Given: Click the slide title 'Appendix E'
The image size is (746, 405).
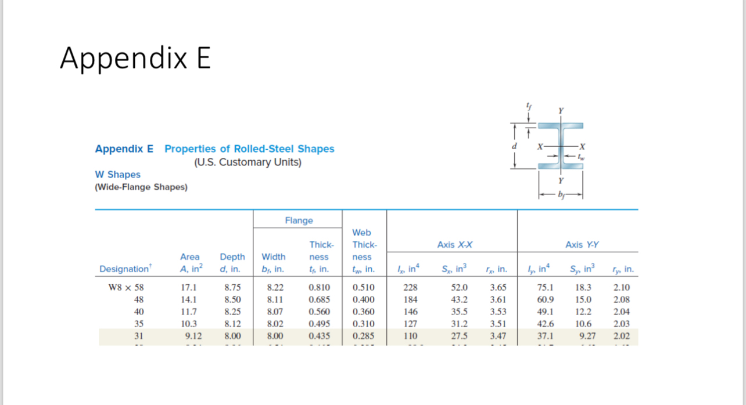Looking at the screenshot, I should click(135, 59).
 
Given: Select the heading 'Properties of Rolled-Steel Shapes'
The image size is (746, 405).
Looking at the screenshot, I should click(249, 149).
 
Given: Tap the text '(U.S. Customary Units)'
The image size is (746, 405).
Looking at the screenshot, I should click(248, 162).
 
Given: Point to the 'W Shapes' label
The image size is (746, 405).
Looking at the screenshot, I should click(117, 174).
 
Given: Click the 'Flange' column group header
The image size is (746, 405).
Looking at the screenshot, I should click(299, 220).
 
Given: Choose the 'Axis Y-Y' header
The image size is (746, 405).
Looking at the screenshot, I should click(582, 244).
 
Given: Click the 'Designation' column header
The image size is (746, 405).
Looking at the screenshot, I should click(125, 269).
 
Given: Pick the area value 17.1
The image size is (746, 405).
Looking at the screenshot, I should click(189, 287).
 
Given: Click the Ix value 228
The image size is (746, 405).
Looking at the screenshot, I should click(410, 287).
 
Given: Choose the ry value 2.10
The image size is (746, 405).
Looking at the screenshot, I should click(621, 287).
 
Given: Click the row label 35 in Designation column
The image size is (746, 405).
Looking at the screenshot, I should click(138, 324).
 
